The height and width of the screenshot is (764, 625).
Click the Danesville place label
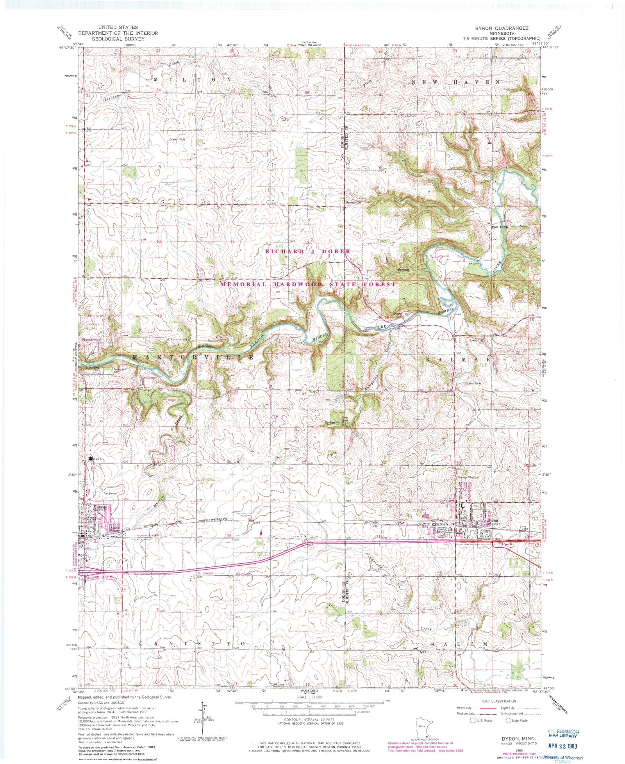coord(353,203)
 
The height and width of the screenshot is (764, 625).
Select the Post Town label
coord(499,226)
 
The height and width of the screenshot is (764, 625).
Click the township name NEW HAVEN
coord(455,82)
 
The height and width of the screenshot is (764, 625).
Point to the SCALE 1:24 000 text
coord(309,697)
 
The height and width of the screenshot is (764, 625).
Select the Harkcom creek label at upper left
coord(111,96)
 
